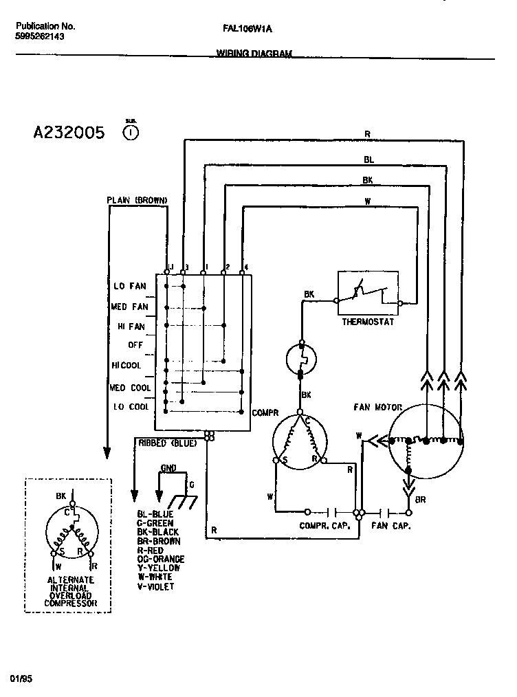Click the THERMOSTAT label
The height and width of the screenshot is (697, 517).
click(368, 322)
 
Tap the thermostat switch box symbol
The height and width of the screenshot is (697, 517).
click(368, 293)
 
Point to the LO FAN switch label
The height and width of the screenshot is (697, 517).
click(129, 286)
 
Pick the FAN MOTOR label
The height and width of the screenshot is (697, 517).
click(378, 407)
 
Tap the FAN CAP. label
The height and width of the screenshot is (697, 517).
click(391, 526)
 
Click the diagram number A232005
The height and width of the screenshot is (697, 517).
click(69, 133)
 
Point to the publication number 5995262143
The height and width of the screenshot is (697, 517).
click(40, 37)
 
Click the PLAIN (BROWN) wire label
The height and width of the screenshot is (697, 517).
click(137, 200)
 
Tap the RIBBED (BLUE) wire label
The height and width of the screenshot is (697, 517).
click(168, 443)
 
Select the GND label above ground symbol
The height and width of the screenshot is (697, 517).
click(168, 468)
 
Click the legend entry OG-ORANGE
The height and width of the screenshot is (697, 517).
click(161, 559)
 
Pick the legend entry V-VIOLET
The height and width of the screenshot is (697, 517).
click(155, 586)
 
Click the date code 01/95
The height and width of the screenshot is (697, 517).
click(21, 678)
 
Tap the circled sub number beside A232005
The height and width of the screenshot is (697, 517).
click(131, 132)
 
